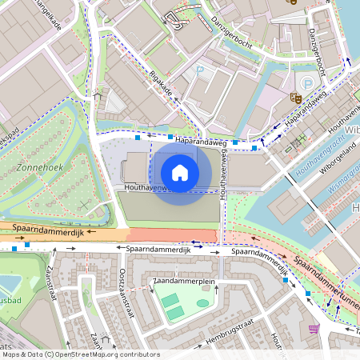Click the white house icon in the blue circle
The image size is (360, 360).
pyautogui.click(x=180, y=172)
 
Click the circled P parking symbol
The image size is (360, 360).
pyautogui.click(x=307, y=84)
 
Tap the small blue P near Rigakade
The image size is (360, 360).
pyautogui.click(x=200, y=71)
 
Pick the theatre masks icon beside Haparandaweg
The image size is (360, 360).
pyautogui.click(x=295, y=97)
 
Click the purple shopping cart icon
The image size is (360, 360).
pyautogui.click(x=313, y=329)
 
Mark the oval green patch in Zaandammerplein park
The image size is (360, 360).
pyautogui.click(x=202, y=303)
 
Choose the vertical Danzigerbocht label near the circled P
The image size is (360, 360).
pyautogui.click(x=315, y=50)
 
